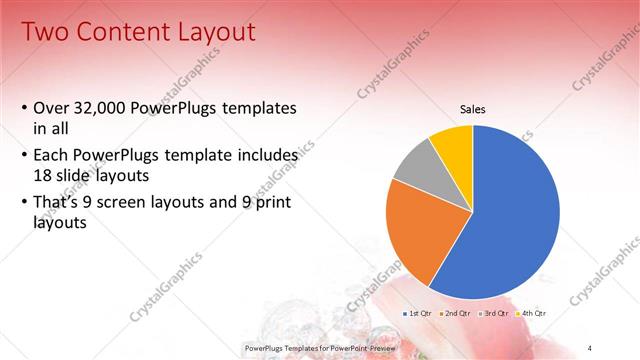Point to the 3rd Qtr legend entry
click(496, 314)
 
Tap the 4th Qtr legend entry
click(534, 314)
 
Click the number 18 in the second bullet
click(43, 174)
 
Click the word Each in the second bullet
click(51, 157)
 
